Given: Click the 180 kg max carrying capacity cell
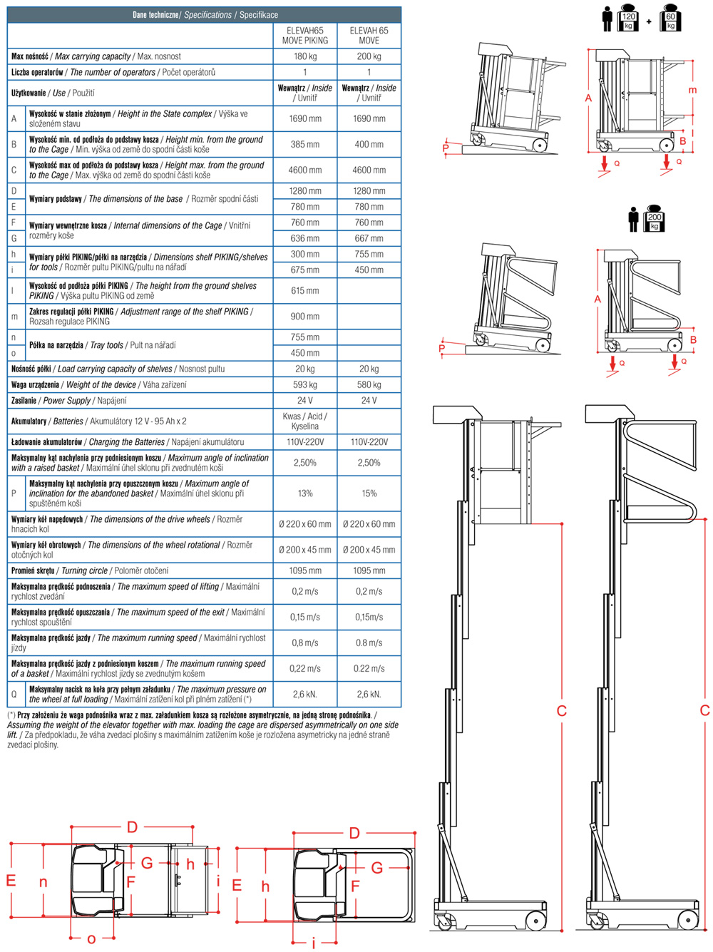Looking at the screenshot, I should (304, 56).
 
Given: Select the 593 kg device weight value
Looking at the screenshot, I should (304, 384).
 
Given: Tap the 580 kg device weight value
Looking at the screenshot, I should (369, 384).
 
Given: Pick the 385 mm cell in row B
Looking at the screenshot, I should (304, 144).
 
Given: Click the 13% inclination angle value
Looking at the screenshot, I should (304, 493).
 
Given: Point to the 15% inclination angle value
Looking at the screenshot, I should (369, 493).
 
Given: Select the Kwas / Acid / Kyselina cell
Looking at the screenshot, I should (304, 421).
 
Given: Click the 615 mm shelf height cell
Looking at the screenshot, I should (304, 291).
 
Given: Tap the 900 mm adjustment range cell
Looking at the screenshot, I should (304, 317).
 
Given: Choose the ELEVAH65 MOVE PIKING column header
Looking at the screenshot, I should (304, 36).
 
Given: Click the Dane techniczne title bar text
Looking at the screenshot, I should (205, 14).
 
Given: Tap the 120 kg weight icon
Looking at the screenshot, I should (628, 21).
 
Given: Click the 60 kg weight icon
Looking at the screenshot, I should (670, 21).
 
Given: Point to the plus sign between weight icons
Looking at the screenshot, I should (649, 21).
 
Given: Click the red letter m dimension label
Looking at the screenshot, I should (692, 91).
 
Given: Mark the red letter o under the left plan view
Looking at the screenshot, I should (91, 939).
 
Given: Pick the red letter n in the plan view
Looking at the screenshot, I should (43, 882).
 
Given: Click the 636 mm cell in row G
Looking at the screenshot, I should (304, 238).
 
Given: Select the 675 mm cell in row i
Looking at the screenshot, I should (304, 270).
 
